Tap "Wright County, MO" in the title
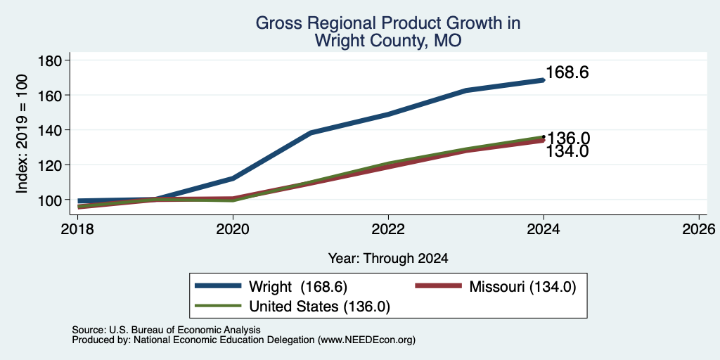387,41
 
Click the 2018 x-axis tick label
78,229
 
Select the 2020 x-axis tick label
233,229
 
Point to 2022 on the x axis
388,229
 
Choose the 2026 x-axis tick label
699,229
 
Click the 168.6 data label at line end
567,72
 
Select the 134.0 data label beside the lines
567,152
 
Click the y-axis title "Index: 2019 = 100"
22,134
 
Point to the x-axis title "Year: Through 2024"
388,259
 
